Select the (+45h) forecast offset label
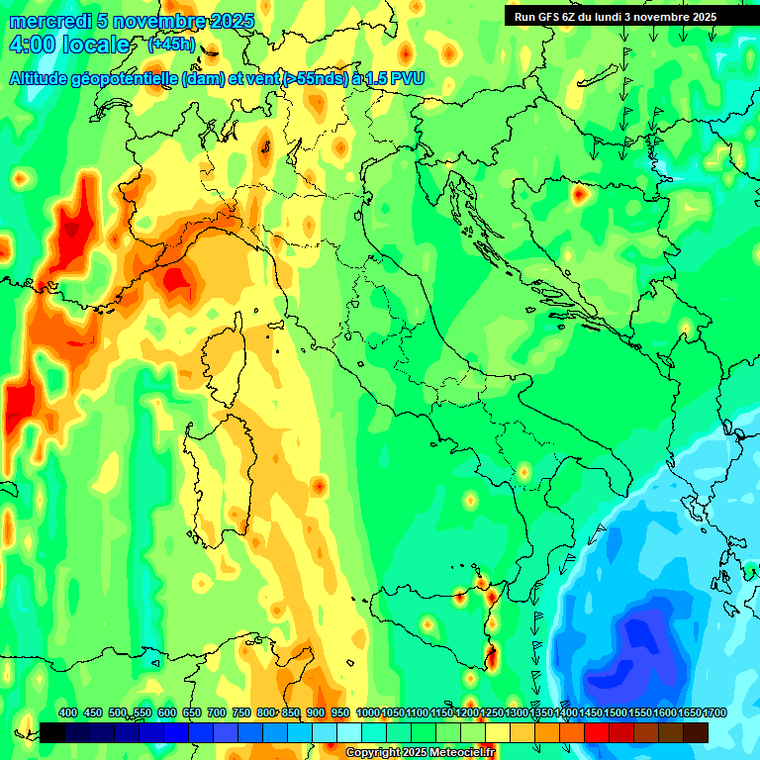(x=171, y=46)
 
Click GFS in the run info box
(x=550, y=17)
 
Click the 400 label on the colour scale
(x=68, y=712)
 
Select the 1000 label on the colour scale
(x=367, y=712)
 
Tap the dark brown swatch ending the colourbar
(x=696, y=732)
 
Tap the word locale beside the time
(x=95, y=46)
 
